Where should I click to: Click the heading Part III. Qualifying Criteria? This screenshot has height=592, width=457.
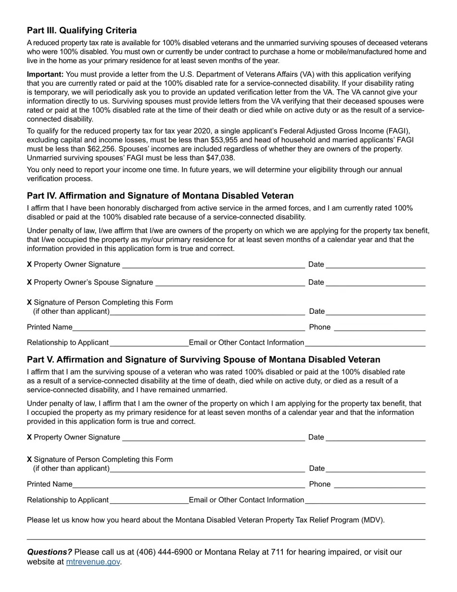click(x=82, y=30)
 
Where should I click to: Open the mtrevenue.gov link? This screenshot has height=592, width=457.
click(x=93, y=562)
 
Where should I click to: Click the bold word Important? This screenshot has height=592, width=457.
click(x=45, y=74)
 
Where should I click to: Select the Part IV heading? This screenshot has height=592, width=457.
click(x=160, y=196)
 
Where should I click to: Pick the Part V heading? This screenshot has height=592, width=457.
click(x=203, y=360)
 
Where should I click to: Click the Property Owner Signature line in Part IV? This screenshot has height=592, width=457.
click(x=214, y=265)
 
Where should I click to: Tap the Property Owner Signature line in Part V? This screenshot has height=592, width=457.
click(x=214, y=438)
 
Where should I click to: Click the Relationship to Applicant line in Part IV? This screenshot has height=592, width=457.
click(x=149, y=343)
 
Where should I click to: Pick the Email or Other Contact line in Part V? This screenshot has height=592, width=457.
click(x=365, y=501)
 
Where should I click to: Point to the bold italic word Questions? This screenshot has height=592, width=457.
click(x=49, y=552)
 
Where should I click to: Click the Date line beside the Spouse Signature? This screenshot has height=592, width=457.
click(x=375, y=283)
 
